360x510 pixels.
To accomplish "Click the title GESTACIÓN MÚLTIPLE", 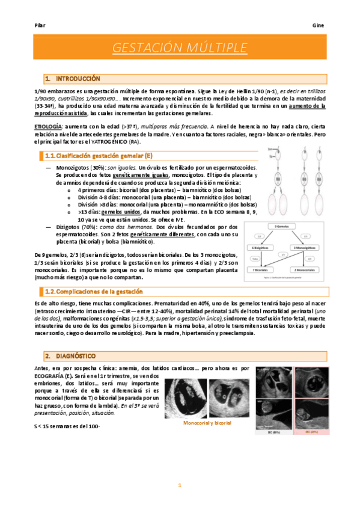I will click(180, 48).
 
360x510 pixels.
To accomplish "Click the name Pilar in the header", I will click(40, 26).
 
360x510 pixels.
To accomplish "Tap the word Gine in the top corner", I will click(319, 26).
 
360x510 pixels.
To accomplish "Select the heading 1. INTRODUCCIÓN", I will click(69, 79).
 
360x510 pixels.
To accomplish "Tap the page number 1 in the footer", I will click(179, 485).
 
